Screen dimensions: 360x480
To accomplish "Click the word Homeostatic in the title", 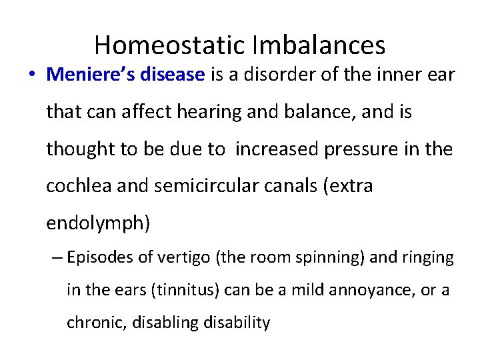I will point(171,45).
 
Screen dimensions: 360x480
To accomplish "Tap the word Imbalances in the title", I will point(319,45).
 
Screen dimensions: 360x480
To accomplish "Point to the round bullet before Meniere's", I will point(32,75).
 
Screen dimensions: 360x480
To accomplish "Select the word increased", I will point(277,149).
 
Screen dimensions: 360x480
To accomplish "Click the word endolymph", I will point(97,223).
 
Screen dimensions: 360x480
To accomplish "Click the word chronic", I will point(89,323).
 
